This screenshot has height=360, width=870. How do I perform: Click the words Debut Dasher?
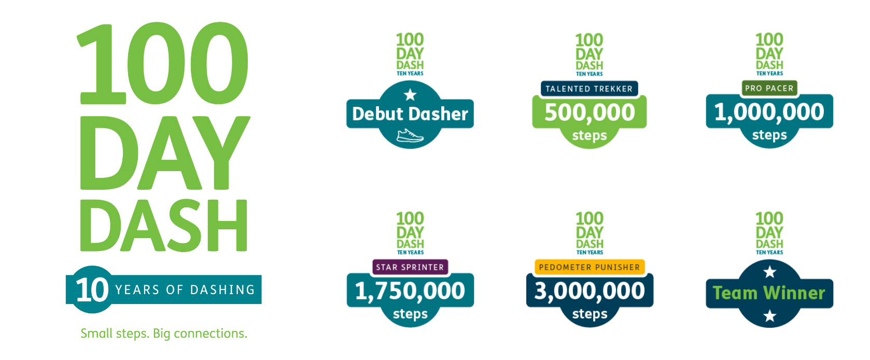point(410,114)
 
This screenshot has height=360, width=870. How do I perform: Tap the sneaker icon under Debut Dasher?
point(410,136)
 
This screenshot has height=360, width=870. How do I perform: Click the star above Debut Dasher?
point(410,94)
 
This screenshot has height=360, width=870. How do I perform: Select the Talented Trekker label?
point(589,89)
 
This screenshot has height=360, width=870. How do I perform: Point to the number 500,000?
point(590,113)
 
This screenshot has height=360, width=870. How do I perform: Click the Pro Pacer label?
point(769,88)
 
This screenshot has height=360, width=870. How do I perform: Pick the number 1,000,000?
point(769,112)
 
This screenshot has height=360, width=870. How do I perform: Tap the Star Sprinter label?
point(410,267)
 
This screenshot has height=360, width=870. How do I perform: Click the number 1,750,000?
point(410,291)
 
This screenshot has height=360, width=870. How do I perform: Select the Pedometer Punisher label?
point(590,267)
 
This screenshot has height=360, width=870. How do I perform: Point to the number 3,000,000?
point(590,291)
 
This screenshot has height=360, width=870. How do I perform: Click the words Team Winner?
point(769,293)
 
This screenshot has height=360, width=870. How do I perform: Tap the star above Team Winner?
point(770,272)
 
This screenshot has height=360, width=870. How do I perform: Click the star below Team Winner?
point(770,315)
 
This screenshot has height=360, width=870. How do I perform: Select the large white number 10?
point(92,289)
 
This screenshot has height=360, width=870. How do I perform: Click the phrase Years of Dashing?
point(185,289)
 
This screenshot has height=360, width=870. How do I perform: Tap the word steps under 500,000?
point(590,135)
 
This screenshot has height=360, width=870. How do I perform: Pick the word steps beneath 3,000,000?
point(590,314)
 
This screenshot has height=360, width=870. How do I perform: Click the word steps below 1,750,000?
point(410,314)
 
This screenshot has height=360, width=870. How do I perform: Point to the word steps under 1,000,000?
point(769,135)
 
